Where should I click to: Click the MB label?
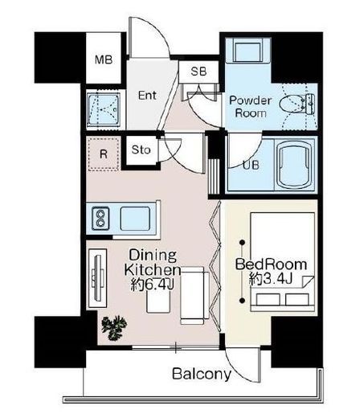pos(104,59)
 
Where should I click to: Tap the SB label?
pos(198,72)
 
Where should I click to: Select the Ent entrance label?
pos(147,95)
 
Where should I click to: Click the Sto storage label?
pos(141,150)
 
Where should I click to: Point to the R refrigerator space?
pos(104,154)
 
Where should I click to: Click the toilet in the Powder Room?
pos(297,104)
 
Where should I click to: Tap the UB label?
pos(251,165)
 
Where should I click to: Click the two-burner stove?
pos(100,219)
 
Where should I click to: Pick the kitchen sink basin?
pos(135,219)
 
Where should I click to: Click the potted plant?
pos(114,328)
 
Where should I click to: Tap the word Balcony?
pos(202,374)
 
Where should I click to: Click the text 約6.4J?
pos(153,285)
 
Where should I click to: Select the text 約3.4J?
pos(270,280)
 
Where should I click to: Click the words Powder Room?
pos(251,107)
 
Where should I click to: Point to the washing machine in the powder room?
pos(247,50)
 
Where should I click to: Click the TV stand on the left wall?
pos(97,278)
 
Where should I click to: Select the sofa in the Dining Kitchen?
pos(194,296)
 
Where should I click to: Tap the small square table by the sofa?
pos(158,301)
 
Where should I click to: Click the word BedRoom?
pos(271,264)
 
